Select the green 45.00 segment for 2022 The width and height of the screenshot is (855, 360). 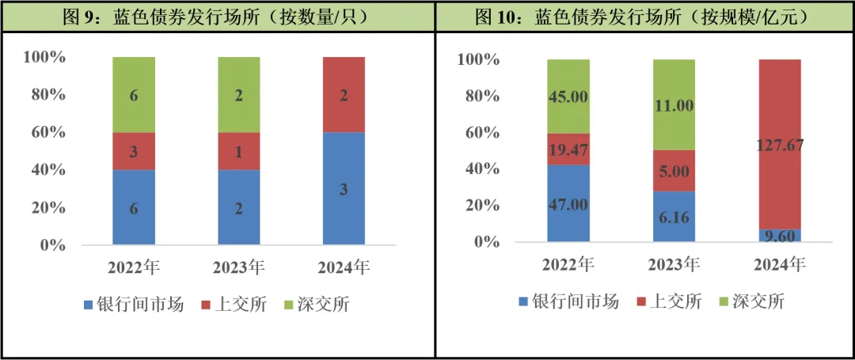click(x=568, y=97)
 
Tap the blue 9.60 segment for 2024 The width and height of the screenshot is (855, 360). click(x=780, y=235)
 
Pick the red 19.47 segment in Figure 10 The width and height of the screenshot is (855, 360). click(x=568, y=150)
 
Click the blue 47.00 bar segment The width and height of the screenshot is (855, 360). click(x=568, y=203)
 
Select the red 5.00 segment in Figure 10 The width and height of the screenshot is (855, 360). click(x=674, y=171)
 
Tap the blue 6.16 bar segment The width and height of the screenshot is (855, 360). click(x=674, y=216)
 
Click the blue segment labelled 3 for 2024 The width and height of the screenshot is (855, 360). click(x=343, y=188)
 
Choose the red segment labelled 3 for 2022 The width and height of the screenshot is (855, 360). click(x=133, y=151)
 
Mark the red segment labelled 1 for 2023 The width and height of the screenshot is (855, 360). click(x=239, y=151)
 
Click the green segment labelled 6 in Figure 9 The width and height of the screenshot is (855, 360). click(x=133, y=95)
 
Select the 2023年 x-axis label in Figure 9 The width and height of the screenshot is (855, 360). click(x=239, y=267)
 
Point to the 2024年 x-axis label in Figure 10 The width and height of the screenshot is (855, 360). click(x=780, y=264)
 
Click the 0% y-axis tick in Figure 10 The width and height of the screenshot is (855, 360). click(x=488, y=241)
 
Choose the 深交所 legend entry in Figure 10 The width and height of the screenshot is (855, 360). click(x=750, y=301)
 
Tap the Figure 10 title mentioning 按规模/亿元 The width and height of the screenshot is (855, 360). click(x=644, y=16)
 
